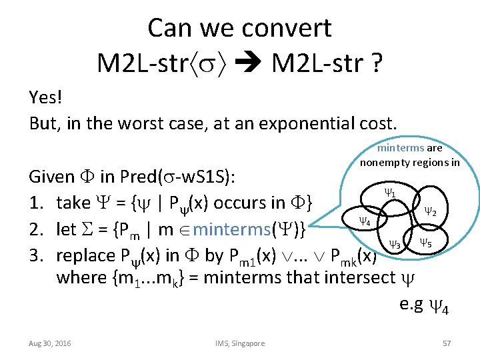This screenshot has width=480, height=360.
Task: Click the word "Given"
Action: (52, 177)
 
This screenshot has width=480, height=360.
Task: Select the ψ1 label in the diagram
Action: (390, 193)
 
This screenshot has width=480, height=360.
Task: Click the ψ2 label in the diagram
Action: (431, 211)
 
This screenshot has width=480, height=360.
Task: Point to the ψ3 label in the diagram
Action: (395, 245)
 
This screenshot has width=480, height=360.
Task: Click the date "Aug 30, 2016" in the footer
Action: (51, 343)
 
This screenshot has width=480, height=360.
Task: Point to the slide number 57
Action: (447, 343)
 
